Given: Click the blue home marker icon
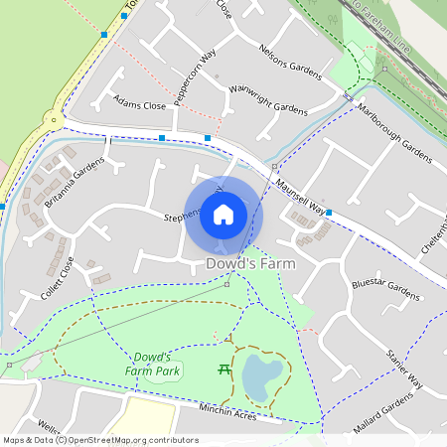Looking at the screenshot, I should pyautogui.click(x=223, y=214).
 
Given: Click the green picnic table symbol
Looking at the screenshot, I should pyautogui.click(x=224, y=370).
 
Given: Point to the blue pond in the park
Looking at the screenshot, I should pyautogui.click(x=257, y=375).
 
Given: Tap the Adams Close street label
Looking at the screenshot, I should pyautogui.click(x=139, y=103).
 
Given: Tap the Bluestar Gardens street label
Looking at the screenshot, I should pyautogui.click(x=385, y=289).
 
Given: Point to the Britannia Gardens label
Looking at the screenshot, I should pyautogui.click(x=74, y=183).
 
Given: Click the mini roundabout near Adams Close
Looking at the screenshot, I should pyautogui.click(x=53, y=120).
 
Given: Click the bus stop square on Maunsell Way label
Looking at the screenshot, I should pyautogui.click(x=329, y=213).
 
